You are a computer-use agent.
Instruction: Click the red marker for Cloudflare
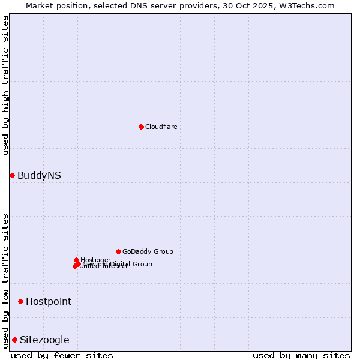click(x=141, y=127)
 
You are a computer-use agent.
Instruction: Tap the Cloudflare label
click(x=161, y=127)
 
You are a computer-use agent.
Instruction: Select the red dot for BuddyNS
click(x=12, y=175)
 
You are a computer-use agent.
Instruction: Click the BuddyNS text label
click(x=39, y=176)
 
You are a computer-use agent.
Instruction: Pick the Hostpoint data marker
click(x=20, y=301)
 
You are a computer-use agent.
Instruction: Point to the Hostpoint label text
click(x=48, y=302)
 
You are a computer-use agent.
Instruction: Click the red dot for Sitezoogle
click(x=14, y=340)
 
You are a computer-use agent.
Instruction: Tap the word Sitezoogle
click(x=44, y=340)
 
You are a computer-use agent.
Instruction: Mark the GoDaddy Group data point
click(x=118, y=251)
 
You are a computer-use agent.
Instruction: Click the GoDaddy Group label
click(x=148, y=252)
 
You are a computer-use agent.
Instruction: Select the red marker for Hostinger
click(x=77, y=260)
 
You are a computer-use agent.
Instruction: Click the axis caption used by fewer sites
click(x=62, y=355)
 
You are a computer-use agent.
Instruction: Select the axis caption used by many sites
click(x=301, y=355)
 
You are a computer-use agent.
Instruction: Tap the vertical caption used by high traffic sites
click(x=5, y=85)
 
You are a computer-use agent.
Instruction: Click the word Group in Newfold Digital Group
click(x=142, y=264)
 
